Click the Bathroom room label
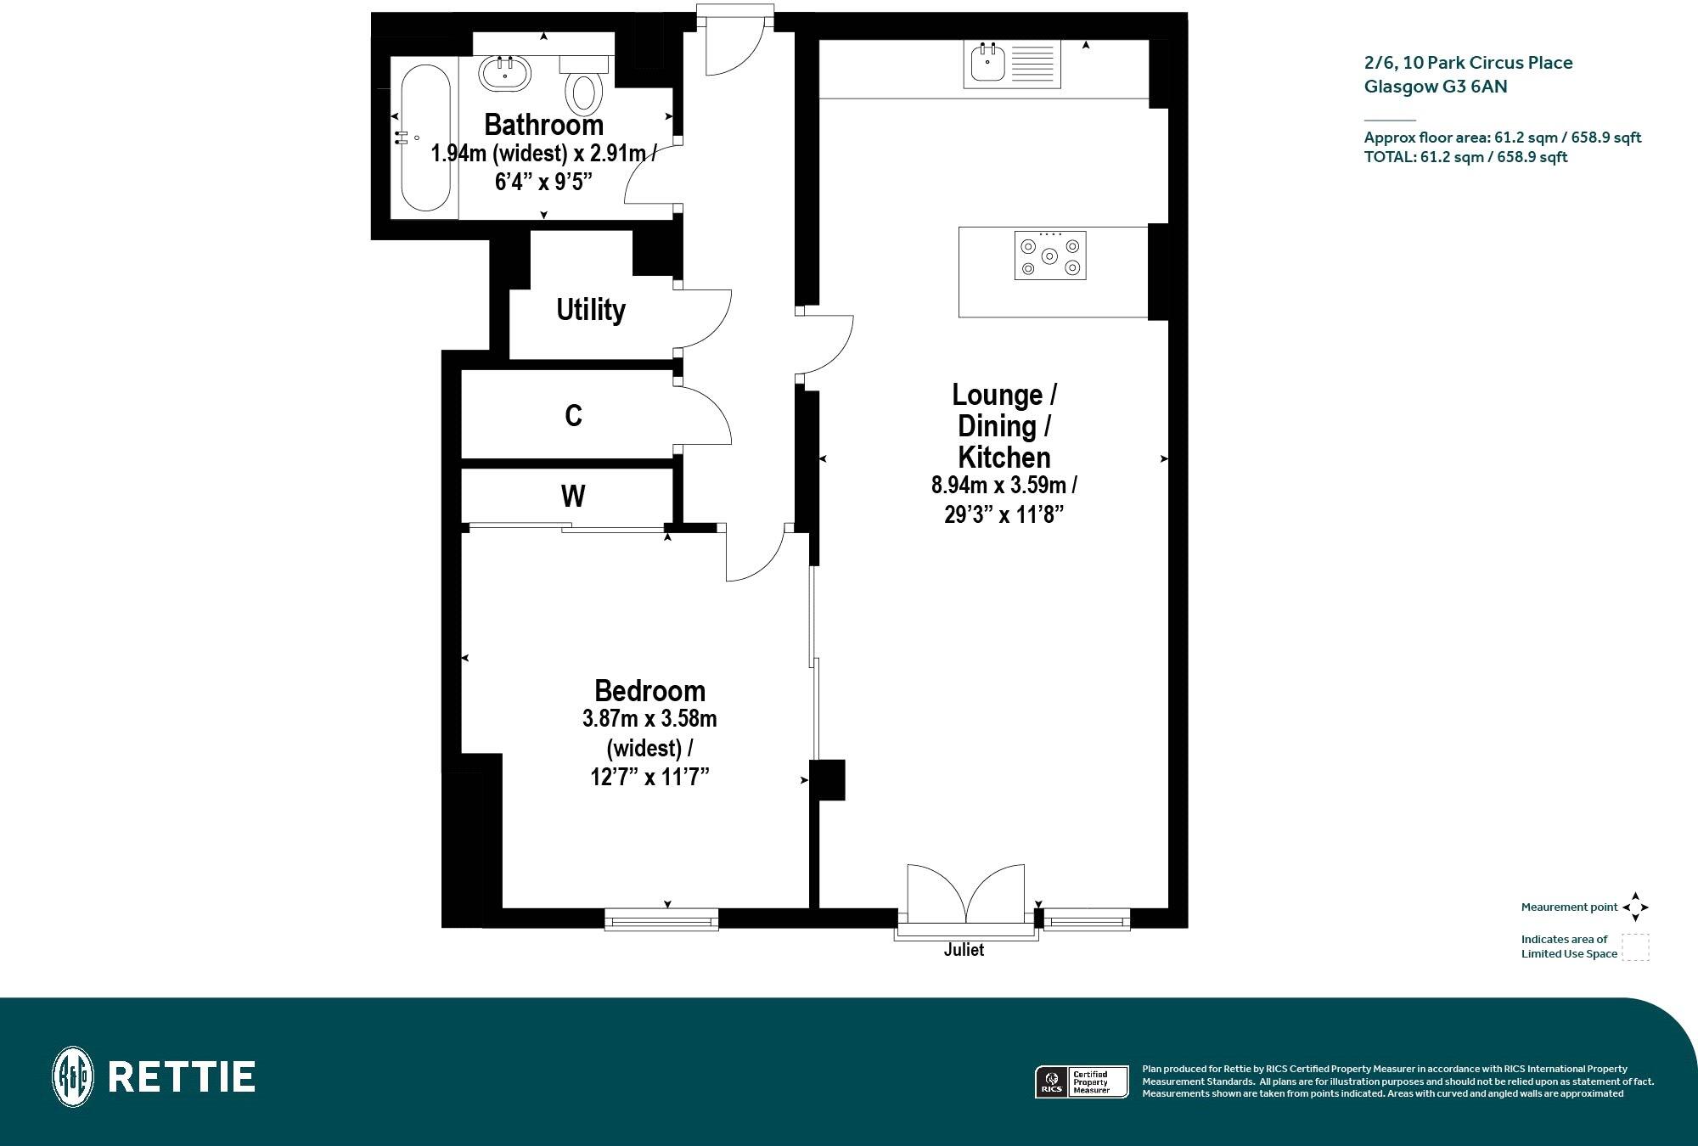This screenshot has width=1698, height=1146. coord(543,125)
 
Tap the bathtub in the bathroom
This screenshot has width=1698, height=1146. coord(424,137)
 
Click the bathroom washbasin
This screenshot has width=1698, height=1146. coord(506,73)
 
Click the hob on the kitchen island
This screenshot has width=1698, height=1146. coord(1050,256)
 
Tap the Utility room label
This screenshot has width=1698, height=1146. coord(591,310)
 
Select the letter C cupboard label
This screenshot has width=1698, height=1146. coord(574,416)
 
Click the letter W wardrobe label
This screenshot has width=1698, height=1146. coord(573,496)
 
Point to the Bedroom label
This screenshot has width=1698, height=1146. coord(649,690)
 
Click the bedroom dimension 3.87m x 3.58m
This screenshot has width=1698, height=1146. coord(649,719)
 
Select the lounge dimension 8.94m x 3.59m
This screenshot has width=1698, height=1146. coord(1004,486)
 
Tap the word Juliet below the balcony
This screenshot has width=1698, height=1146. coord(964,950)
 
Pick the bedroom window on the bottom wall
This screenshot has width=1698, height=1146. coord(661,920)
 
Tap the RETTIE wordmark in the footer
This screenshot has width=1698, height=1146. coord(182,1077)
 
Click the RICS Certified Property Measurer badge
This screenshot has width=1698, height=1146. coord(1081,1082)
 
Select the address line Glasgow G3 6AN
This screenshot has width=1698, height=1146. coord(1435,87)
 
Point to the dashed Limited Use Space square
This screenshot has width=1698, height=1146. coord(1635,947)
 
